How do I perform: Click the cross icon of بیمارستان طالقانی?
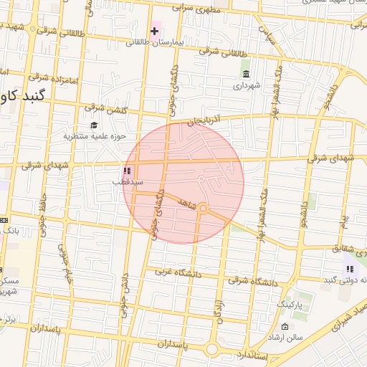click(154, 31)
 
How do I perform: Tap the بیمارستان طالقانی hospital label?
click(156, 43)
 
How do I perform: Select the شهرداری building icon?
click(246, 75)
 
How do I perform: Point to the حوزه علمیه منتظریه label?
click(95, 135)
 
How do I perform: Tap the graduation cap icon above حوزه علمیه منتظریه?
click(95, 125)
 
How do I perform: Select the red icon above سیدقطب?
click(127, 171)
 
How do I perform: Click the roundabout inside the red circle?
click(204, 209)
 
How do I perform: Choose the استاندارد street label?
click(251, 355)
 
